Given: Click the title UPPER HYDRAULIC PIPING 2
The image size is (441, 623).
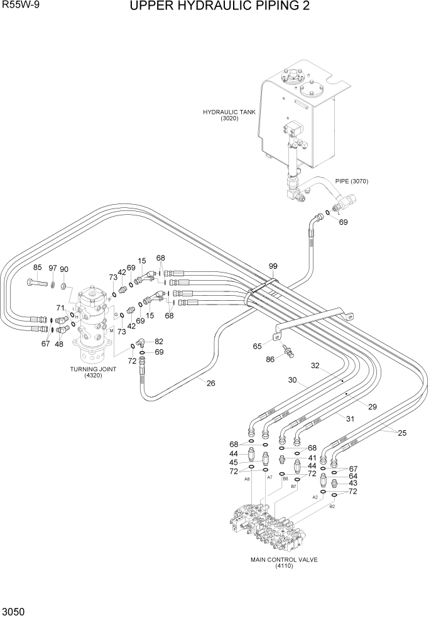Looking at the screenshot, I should pyautogui.click(x=220, y=7).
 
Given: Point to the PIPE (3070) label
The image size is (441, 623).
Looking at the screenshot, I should pyautogui.click(x=351, y=181).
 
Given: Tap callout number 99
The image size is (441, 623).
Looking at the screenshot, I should pyautogui.click(x=273, y=267).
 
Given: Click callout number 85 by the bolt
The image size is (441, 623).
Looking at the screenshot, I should pyautogui.click(x=37, y=268).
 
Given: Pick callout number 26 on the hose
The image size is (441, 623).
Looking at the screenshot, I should pyautogui.click(x=211, y=383).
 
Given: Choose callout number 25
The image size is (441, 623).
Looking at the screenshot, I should pyautogui.click(x=401, y=433).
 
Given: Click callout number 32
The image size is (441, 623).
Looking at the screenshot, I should pyautogui.click(x=315, y=365).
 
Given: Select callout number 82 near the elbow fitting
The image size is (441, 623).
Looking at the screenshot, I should pyautogui.click(x=159, y=342).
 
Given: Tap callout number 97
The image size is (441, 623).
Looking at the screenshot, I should pyautogui.click(x=53, y=268).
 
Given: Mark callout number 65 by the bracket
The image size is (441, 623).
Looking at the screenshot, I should pyautogui.click(x=257, y=345).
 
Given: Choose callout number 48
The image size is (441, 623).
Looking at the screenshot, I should pyautogui.click(x=60, y=344).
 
